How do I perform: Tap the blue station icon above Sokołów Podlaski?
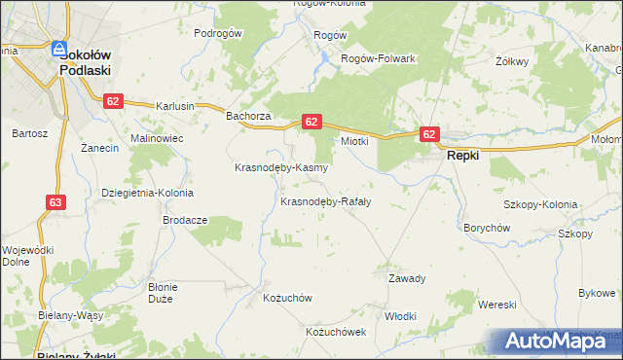click(59, 47)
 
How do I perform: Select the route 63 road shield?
click(55, 202)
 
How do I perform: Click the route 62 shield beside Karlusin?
click(114, 101)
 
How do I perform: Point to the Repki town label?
click(464, 155)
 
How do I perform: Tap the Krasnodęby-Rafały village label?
click(325, 202)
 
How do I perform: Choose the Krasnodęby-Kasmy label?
click(281, 167)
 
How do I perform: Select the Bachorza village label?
click(247, 117)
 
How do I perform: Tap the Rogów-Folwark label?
click(378, 58)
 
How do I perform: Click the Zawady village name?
click(407, 278)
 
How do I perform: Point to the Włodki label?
click(400, 316)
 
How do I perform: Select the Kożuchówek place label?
click(335, 332)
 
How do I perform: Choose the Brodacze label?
click(185, 220)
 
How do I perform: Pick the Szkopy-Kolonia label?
click(540, 205)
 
